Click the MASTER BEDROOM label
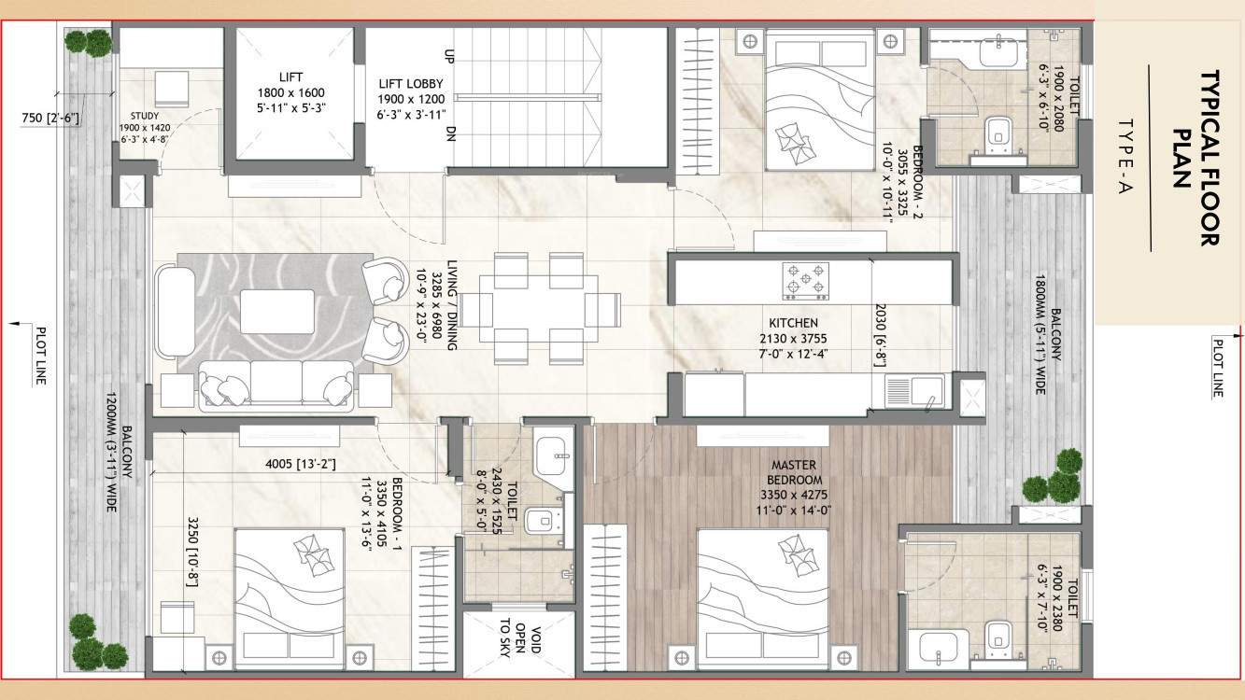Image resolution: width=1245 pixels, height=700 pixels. (795, 472)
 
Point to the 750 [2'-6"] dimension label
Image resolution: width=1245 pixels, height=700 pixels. (50, 118)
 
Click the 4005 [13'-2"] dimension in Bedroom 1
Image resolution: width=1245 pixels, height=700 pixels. (300, 463)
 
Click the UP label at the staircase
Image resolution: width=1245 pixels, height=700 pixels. (450, 56)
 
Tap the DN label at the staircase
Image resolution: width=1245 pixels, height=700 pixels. (450, 132)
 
